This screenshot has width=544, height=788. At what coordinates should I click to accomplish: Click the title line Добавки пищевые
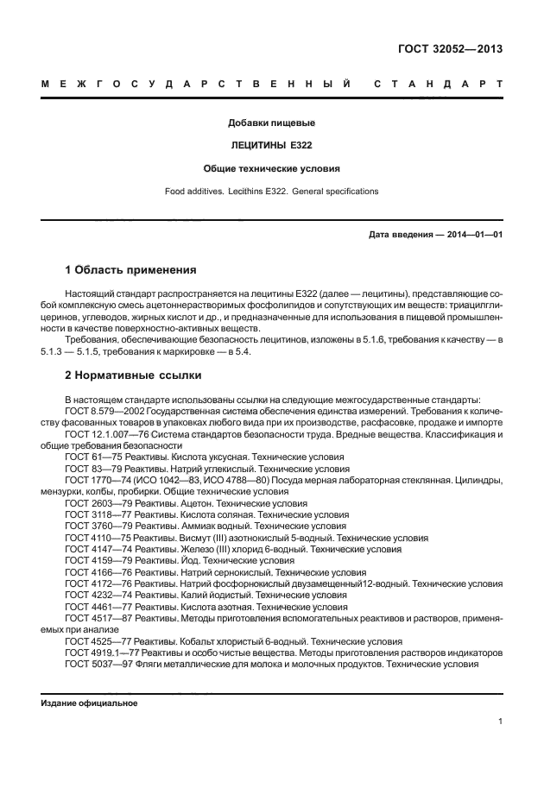tap(271, 123)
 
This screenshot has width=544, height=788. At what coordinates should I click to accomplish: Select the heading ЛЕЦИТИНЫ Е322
tap(271, 146)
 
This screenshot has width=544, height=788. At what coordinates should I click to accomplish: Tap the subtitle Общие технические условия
tap(271, 168)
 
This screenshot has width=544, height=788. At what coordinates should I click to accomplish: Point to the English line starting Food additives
tap(271, 191)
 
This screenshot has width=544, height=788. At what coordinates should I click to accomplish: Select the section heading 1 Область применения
tap(131, 269)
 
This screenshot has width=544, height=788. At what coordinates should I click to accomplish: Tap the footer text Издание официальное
tap(90, 703)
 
